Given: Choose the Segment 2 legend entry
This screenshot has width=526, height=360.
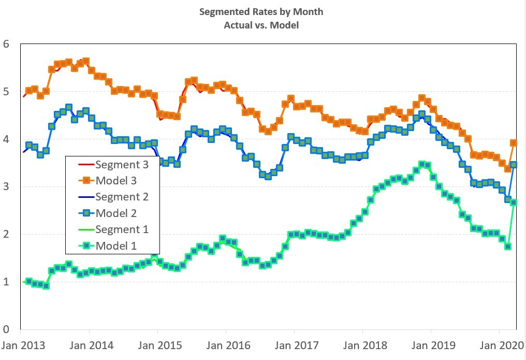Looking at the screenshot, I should pyautogui.click(x=121, y=197).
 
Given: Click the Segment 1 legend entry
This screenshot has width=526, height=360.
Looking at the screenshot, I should pyautogui.click(x=121, y=229).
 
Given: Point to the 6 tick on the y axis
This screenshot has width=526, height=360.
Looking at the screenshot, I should pyautogui.click(x=6, y=44).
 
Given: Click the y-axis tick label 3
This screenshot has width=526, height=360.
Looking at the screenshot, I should pyautogui.click(x=6, y=186).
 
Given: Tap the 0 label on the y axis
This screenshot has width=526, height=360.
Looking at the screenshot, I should pyautogui.click(x=6, y=329).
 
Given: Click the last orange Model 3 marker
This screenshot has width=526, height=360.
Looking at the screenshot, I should pyautogui.click(x=514, y=143).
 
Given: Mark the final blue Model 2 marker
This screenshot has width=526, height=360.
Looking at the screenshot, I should pyautogui.click(x=514, y=165).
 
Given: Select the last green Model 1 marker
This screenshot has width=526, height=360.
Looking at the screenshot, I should pyautogui.click(x=514, y=203).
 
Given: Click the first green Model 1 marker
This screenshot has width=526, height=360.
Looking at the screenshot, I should pyautogui.click(x=29, y=281).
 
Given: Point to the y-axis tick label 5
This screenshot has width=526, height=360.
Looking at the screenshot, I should pyautogui.click(x=6, y=92).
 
